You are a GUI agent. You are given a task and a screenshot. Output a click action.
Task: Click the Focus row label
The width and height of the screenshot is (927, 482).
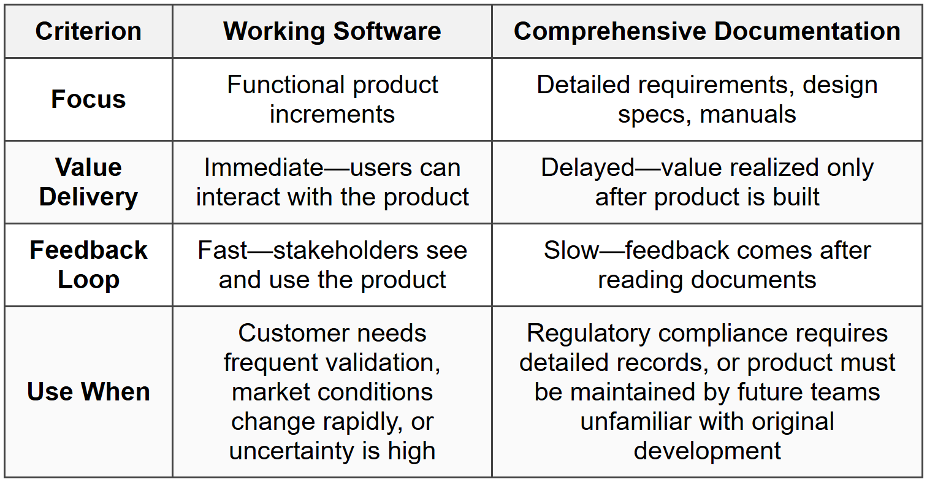tap(88, 99)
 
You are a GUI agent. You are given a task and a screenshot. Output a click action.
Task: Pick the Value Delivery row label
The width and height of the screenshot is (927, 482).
tap(88, 182)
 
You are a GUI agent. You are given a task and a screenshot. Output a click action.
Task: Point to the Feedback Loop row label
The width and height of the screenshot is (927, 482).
tap(88, 265)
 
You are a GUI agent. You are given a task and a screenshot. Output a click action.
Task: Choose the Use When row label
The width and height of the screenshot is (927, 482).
tap(88, 392)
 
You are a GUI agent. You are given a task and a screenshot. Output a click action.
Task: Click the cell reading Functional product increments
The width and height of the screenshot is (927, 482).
tap(332, 99)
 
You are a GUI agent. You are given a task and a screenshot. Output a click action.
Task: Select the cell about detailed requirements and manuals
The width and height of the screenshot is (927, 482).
tap(707, 99)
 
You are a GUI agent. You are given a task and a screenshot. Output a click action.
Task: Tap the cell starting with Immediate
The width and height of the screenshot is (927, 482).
tap(332, 182)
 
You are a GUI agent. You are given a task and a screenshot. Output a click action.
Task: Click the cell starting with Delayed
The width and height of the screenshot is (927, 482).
tap(707, 182)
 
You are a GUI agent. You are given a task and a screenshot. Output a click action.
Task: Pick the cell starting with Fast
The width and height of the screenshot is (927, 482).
tap(332, 265)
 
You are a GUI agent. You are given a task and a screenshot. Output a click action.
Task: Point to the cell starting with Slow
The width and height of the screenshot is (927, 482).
tap(707, 265)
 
